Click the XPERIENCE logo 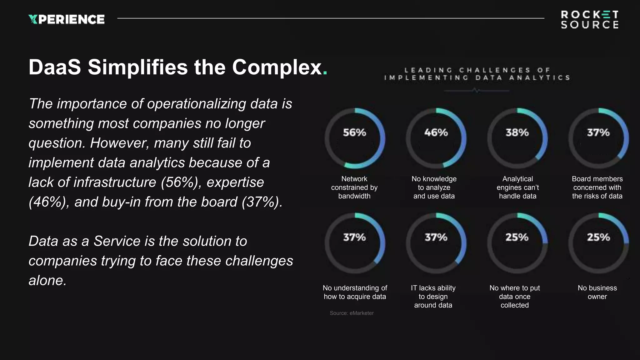point(66,19)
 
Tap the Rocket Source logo point(589,19)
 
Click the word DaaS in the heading point(55,67)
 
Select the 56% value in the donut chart point(354,132)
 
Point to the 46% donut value point(436,132)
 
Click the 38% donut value point(517,132)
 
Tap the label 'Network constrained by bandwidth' point(354,187)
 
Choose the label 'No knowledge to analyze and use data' point(434,187)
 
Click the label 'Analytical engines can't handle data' point(517,187)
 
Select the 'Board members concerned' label point(597,187)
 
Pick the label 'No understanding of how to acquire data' point(355,292)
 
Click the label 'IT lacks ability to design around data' point(433,296)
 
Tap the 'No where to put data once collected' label point(515,296)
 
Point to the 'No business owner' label point(597,292)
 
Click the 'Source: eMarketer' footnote point(352,313)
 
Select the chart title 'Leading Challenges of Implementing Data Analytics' point(477,74)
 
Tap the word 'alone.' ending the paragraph point(47,280)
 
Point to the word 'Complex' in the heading point(277,67)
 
